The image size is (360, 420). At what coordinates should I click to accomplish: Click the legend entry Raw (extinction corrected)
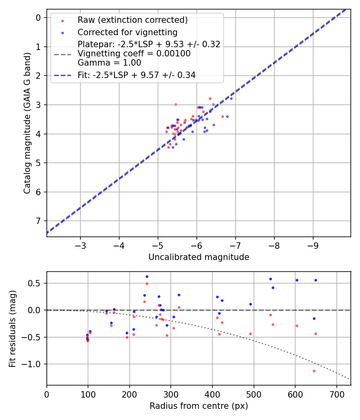point(132,20)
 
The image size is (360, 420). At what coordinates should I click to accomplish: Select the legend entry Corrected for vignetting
point(127,32)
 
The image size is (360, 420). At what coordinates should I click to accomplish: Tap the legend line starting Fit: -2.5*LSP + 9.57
point(136,75)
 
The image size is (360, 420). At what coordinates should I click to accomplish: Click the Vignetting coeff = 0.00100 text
point(134,53)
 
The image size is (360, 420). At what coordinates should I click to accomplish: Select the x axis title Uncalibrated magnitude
point(199,257)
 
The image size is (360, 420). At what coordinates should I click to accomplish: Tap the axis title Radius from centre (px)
point(199,406)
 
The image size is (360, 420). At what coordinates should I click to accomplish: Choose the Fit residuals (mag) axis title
point(12,328)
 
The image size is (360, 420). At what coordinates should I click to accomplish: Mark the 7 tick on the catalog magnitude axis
point(38,221)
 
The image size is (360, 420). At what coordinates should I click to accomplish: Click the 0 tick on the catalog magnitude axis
point(38,18)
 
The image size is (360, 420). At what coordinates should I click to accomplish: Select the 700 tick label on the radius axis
point(336,394)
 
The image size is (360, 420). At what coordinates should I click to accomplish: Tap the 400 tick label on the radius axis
point(212,394)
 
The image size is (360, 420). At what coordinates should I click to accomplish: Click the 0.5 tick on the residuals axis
point(36,283)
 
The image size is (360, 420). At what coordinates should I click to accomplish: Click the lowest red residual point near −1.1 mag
point(314,371)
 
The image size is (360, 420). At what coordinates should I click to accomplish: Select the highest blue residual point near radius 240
point(147,276)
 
